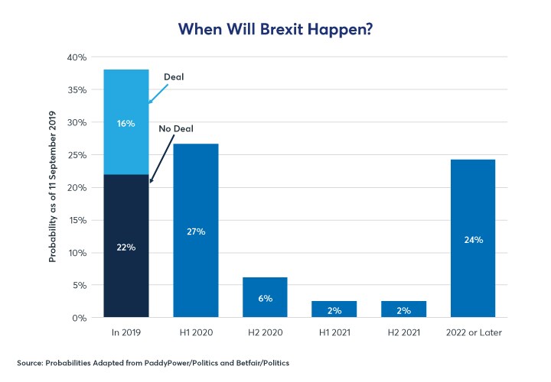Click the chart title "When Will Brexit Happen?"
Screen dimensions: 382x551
point(275,28)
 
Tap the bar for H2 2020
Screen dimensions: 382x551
point(266,297)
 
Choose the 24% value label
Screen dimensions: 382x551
point(474,239)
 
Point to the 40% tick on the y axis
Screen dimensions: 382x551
point(77,57)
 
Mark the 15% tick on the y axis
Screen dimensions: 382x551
point(77,220)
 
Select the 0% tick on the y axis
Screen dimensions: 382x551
point(80,318)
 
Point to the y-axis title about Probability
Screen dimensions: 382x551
point(53,187)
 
